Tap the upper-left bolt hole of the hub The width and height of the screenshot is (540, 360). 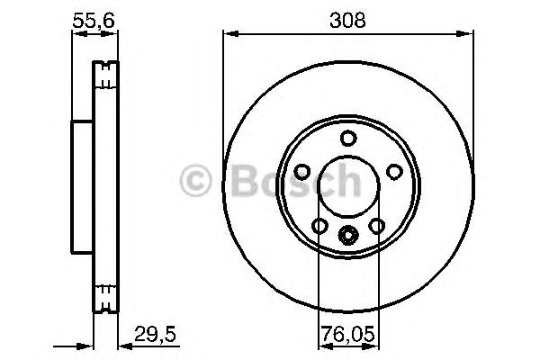(304, 171)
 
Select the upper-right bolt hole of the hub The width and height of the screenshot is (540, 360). (392, 171)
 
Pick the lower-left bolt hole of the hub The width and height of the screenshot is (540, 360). (320, 225)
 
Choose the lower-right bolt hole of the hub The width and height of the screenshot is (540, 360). (376, 225)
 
